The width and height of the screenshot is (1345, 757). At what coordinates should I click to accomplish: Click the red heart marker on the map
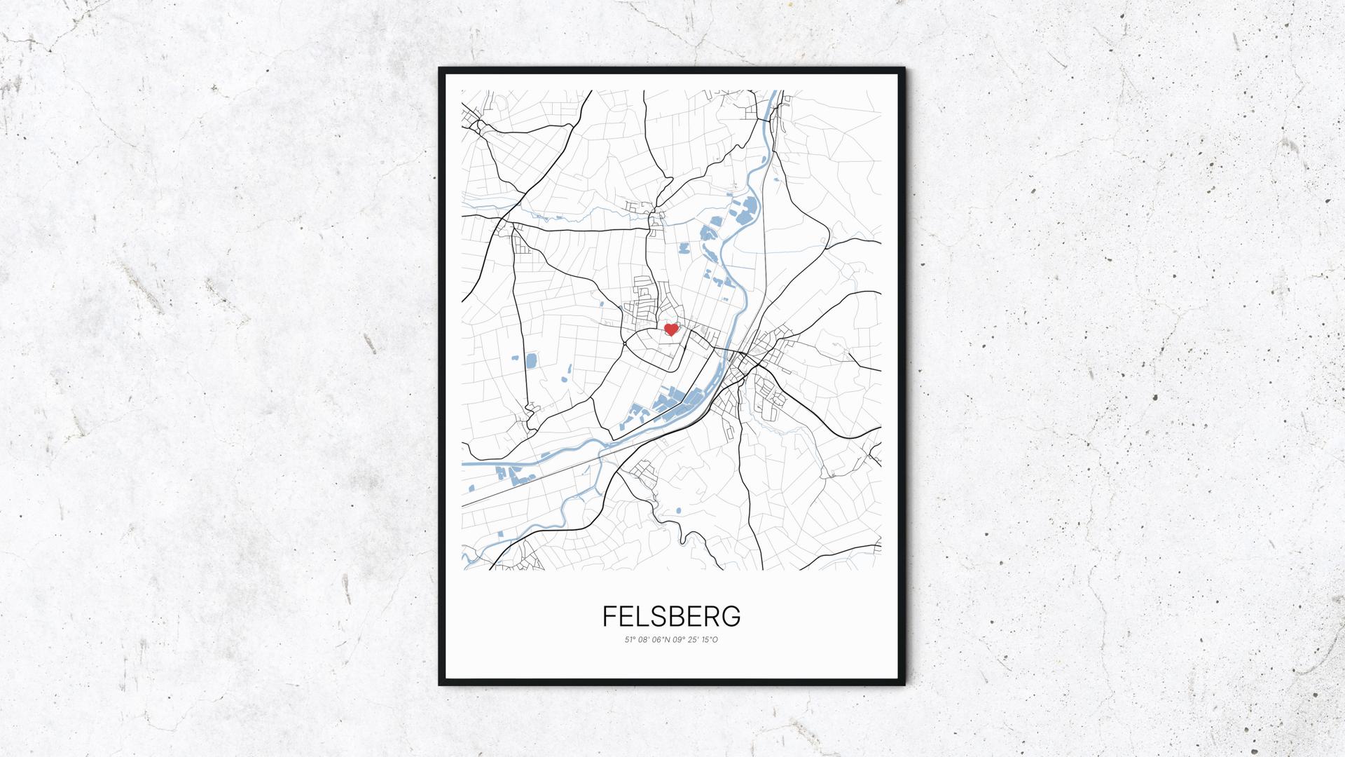(x=671, y=329)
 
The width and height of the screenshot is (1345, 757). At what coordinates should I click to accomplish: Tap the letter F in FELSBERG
(x=609, y=616)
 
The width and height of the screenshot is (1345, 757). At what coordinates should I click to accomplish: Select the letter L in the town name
(x=642, y=616)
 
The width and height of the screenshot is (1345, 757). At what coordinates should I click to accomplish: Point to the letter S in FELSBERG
(x=658, y=616)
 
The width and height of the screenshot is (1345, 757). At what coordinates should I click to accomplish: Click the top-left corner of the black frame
(x=440, y=69)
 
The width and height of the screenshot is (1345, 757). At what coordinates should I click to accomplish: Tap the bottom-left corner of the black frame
(x=440, y=684)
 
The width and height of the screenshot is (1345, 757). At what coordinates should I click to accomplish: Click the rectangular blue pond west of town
(x=530, y=361)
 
